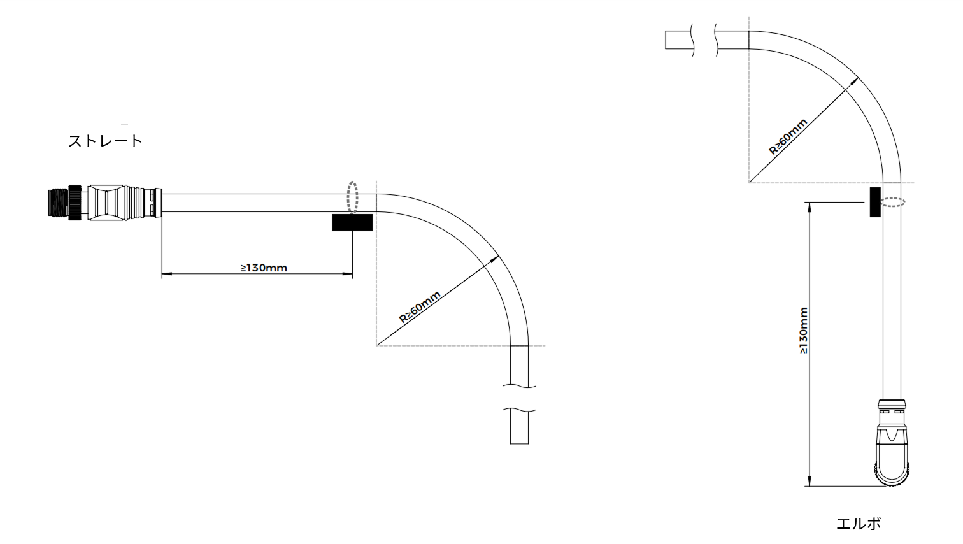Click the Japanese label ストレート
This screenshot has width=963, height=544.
point(105,141)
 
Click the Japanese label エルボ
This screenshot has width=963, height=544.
point(859,524)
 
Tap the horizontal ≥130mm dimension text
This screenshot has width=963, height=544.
point(264,268)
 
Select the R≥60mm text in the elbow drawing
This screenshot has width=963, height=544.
point(788,137)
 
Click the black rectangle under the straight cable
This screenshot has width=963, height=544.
point(352,222)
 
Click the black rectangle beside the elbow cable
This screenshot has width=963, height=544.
point(875,202)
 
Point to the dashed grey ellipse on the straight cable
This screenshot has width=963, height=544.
point(352,197)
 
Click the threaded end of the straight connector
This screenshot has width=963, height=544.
point(59,203)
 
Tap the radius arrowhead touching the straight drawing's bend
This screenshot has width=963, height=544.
point(496,259)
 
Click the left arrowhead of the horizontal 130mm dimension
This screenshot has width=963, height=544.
point(164,275)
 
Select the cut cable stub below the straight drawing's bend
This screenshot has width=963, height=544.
point(519,427)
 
